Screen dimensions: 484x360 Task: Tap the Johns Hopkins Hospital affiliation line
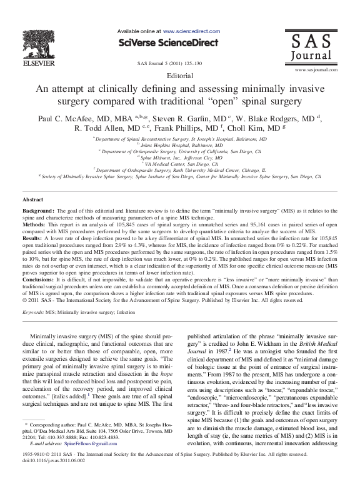tap(180, 144)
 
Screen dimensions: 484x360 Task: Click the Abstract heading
tap(32, 199)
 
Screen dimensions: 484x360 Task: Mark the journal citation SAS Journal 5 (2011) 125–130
tap(180, 64)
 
